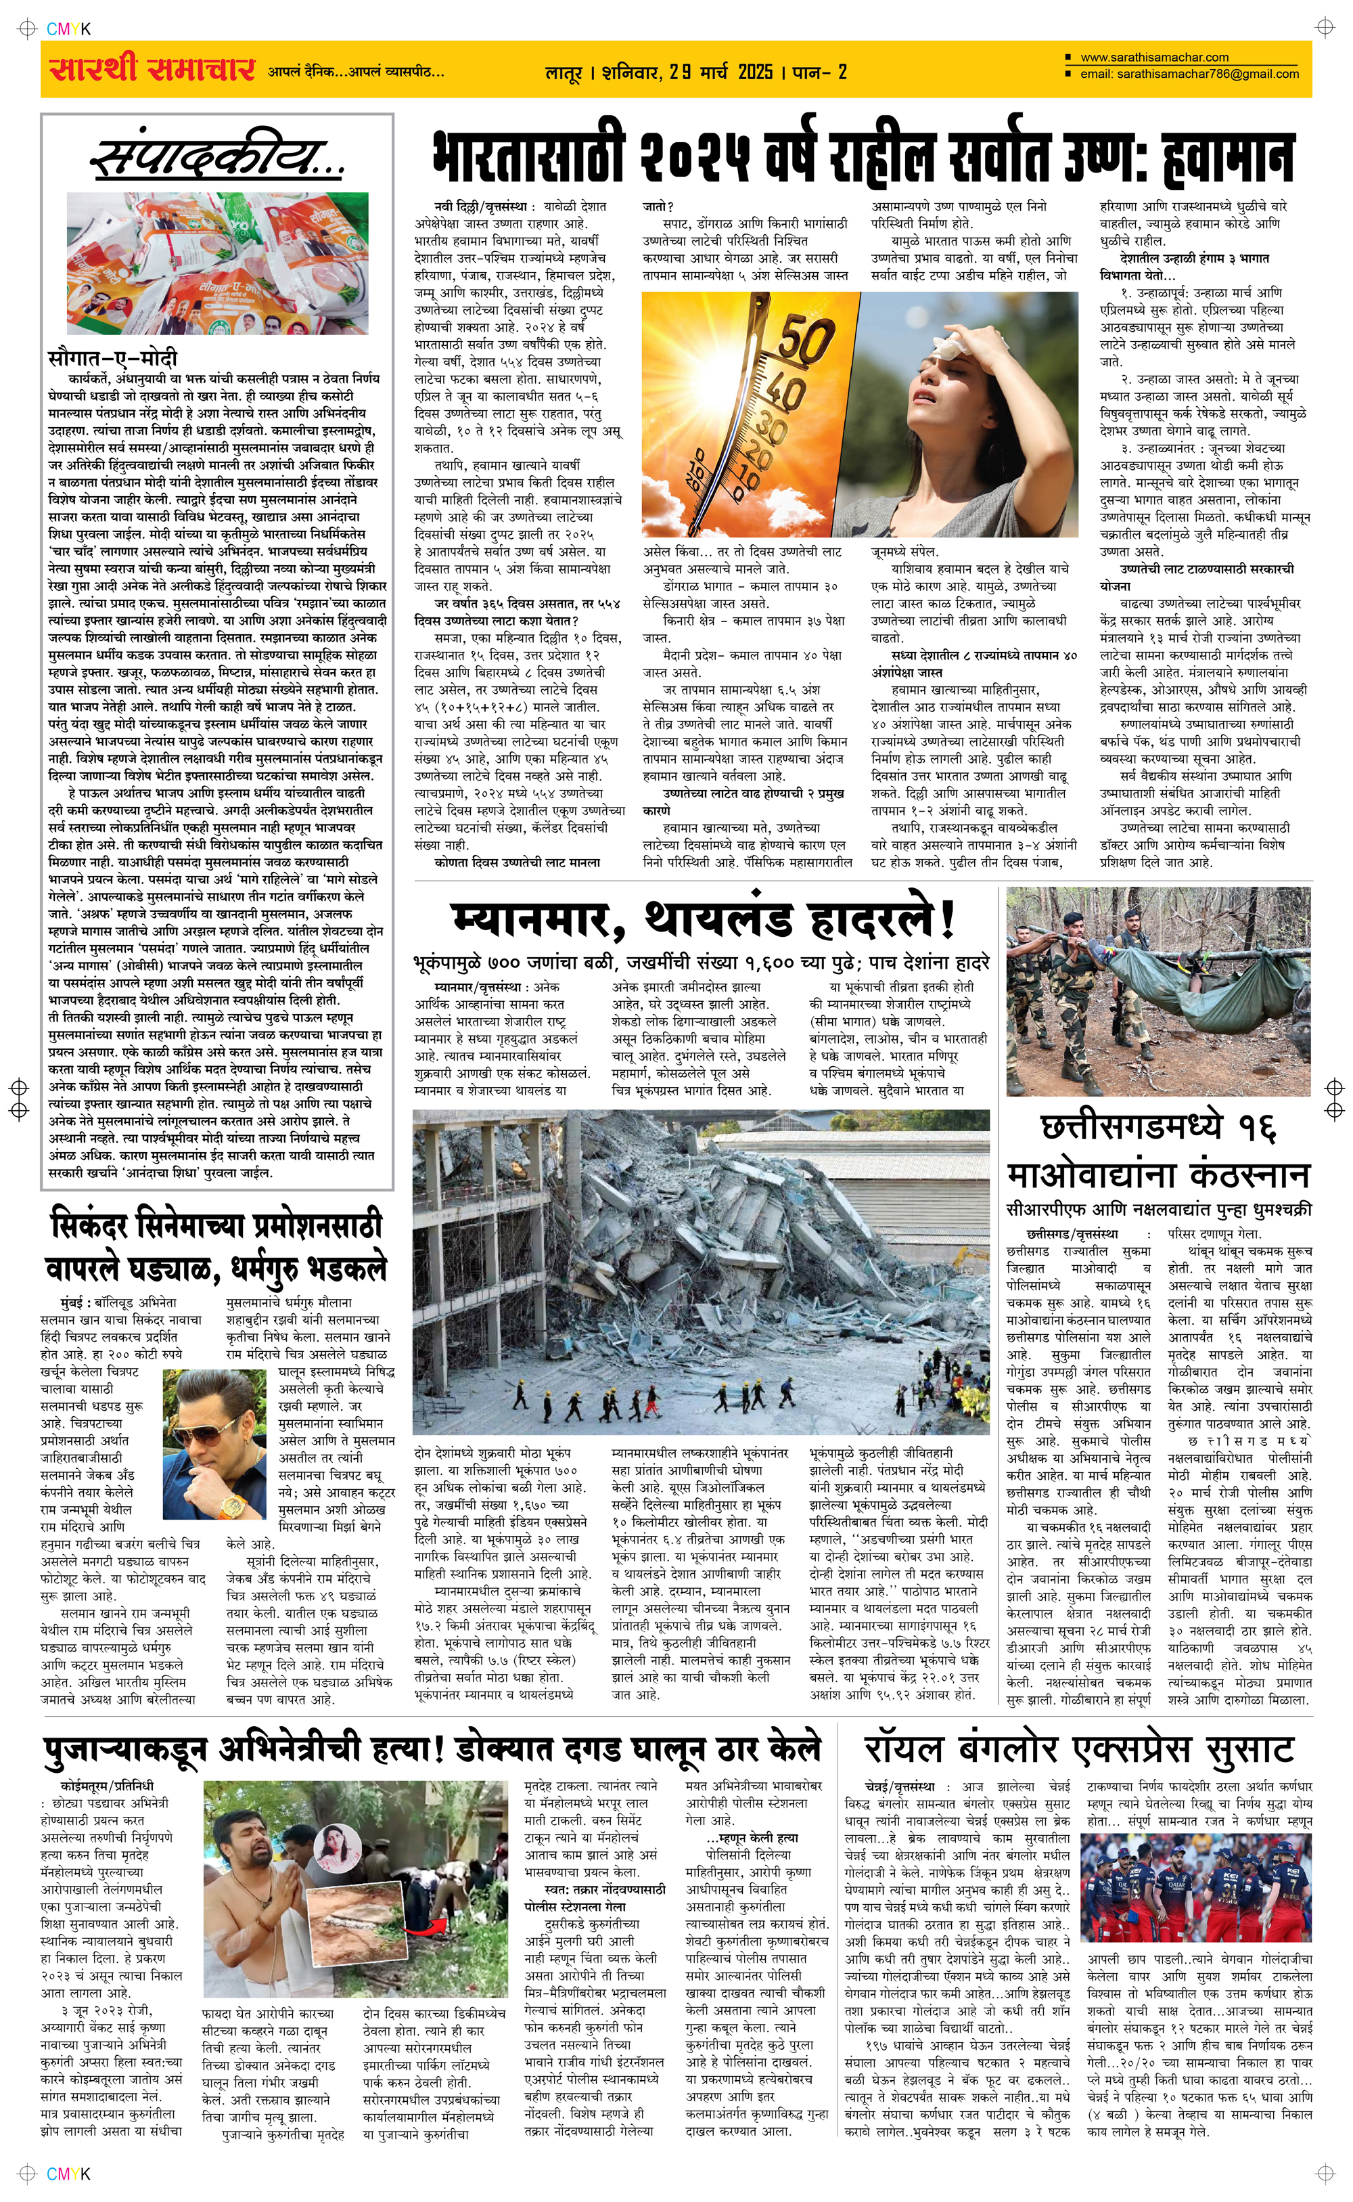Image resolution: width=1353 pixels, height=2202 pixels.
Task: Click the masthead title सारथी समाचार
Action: point(152,70)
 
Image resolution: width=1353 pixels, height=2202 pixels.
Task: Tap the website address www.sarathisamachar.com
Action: point(1153,58)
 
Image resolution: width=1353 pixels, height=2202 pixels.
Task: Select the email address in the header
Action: point(1189,74)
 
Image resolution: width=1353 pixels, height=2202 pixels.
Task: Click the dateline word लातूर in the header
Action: point(564,72)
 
